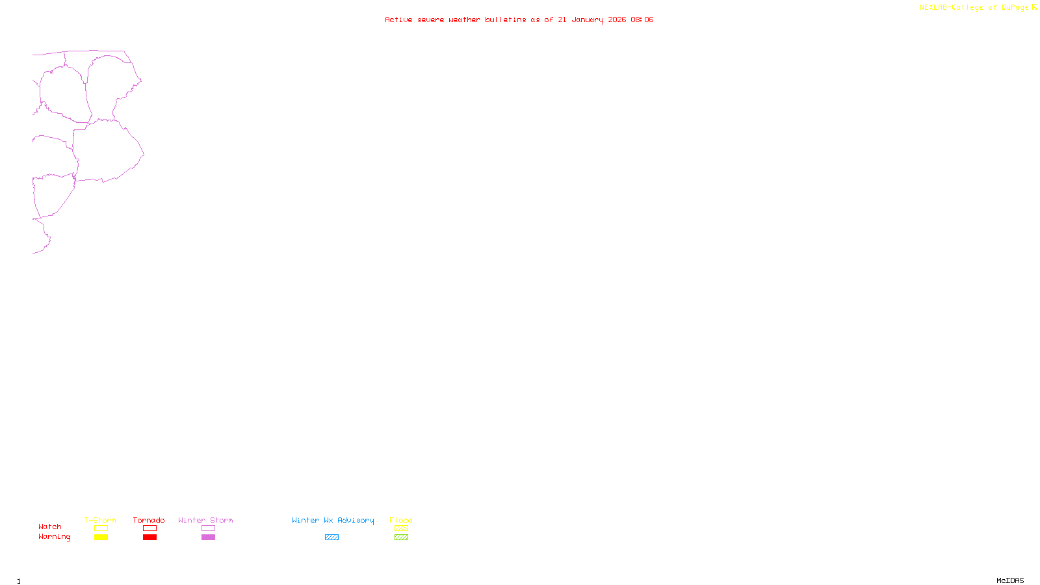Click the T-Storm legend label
pos(100,520)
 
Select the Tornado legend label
pos(149,520)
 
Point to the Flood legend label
pos(401,520)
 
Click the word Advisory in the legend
pos(356,520)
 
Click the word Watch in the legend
pos(50,526)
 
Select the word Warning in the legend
pos(54,537)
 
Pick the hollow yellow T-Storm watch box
pos(101,528)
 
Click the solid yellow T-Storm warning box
pos(101,538)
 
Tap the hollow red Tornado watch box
pos(149,528)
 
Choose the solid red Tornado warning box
pos(149,538)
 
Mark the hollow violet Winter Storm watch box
pos(208,528)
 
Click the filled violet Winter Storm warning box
pos(208,538)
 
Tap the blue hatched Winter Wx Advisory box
pos(331,538)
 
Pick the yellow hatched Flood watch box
pos(401,528)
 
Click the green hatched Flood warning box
pos(401,538)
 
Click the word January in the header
pos(588,19)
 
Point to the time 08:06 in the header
pos(642,19)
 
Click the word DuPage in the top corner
pos(1015,8)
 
